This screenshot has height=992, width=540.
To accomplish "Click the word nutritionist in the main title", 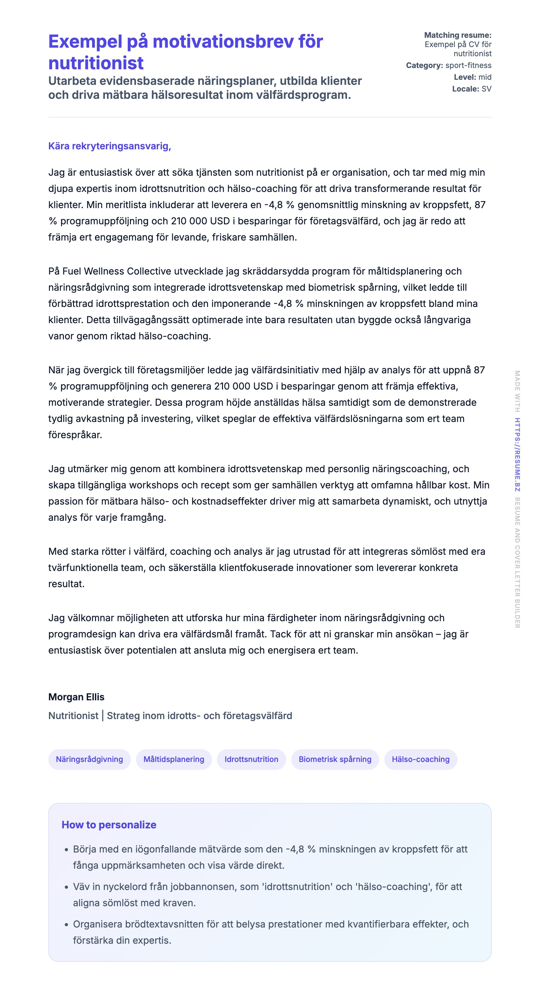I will click(96, 63).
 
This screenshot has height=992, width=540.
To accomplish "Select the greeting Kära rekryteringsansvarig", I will click(109, 146).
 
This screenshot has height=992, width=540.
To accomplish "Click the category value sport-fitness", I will click(468, 65).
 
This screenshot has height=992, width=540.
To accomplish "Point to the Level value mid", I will click(485, 77).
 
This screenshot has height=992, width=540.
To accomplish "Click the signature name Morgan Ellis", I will click(76, 697).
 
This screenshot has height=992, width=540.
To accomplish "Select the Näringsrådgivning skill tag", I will click(89, 759).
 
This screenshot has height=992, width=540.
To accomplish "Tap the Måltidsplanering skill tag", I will click(173, 759).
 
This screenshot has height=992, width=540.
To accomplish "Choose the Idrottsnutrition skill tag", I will click(251, 759).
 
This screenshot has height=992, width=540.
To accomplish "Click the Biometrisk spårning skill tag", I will click(335, 759).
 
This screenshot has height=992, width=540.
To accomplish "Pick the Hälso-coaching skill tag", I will click(420, 759).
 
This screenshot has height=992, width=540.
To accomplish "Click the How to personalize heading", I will click(109, 825).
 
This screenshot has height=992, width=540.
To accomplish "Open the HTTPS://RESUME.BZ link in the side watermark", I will click(517, 454).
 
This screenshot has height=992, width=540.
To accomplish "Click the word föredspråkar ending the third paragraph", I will click(75, 435).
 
